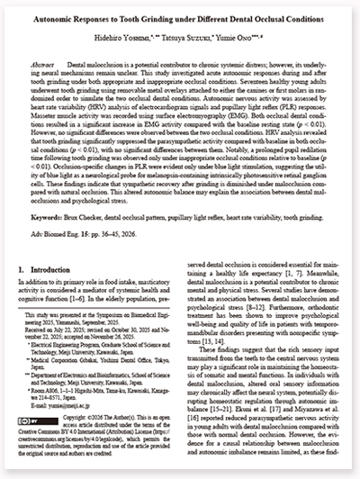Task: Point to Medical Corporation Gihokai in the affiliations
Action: (76, 373)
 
